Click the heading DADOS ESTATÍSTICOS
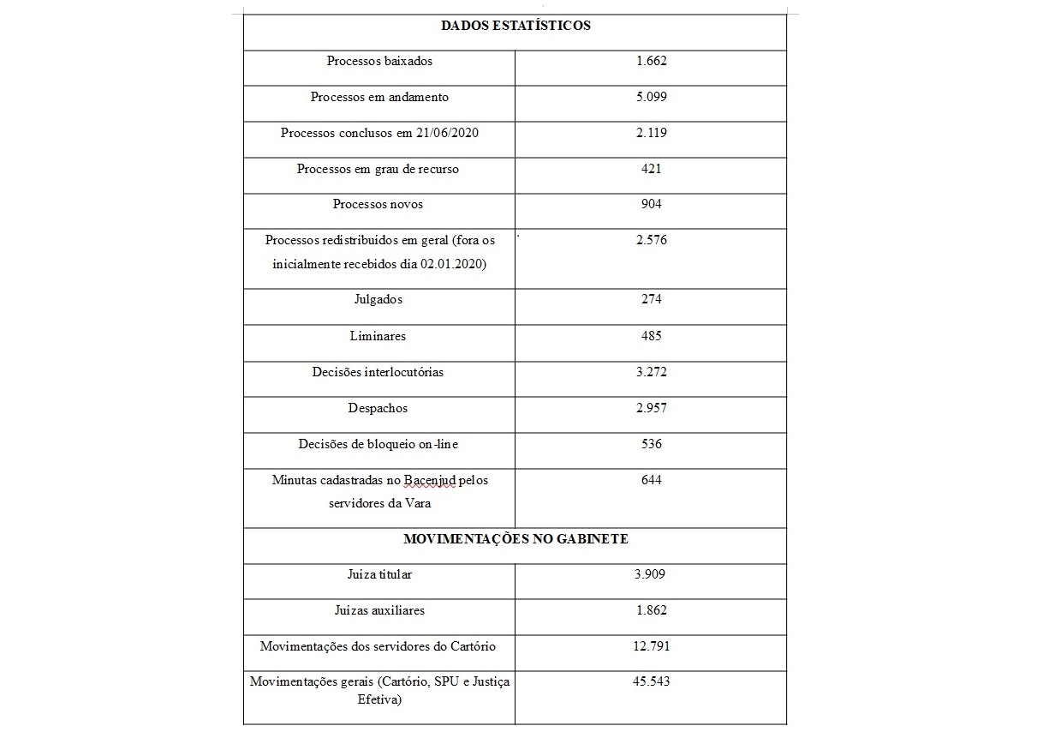(x=516, y=26)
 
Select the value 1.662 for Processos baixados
(x=651, y=62)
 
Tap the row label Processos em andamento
(x=379, y=98)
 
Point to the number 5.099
(x=651, y=98)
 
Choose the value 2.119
(x=651, y=134)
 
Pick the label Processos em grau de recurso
(x=378, y=170)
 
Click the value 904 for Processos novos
(x=651, y=205)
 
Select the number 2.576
(x=651, y=241)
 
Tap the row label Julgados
(x=378, y=300)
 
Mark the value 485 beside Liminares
(x=651, y=336)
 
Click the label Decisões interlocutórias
(x=378, y=373)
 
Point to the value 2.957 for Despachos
(x=651, y=409)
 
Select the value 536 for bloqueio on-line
(x=651, y=445)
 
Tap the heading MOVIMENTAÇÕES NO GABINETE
(x=516, y=540)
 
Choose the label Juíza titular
(x=379, y=575)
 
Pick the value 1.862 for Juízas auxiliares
(x=651, y=611)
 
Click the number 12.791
(x=651, y=646)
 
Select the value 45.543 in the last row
(x=651, y=682)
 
